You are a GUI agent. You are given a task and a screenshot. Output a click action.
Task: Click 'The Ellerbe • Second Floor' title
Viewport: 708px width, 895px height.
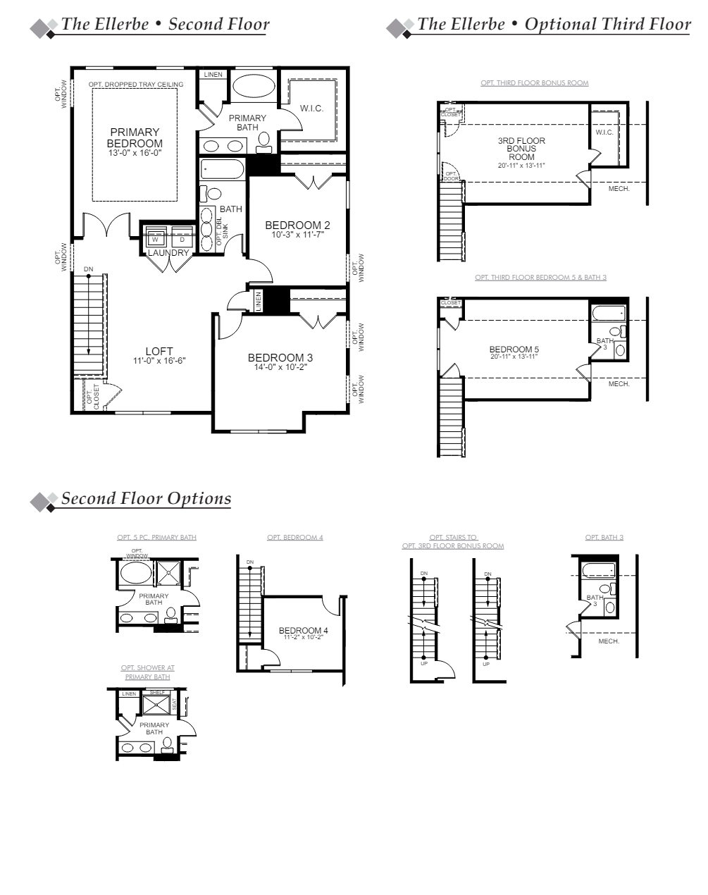coord(165,25)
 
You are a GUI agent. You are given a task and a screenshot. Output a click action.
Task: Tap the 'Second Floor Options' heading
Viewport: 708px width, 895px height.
coord(146,498)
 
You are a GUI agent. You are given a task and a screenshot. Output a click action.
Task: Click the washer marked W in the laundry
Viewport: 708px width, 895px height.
coord(156,240)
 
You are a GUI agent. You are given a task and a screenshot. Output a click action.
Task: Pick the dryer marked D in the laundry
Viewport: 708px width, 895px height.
coord(182,240)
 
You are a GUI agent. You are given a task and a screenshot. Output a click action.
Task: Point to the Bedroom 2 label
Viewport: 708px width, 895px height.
coord(297,226)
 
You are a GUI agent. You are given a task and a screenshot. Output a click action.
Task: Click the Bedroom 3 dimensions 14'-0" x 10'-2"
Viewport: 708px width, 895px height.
coord(280,367)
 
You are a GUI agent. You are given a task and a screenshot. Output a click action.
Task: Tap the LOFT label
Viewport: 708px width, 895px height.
coord(159,352)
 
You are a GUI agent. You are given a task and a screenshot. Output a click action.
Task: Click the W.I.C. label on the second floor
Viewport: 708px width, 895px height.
coord(311,109)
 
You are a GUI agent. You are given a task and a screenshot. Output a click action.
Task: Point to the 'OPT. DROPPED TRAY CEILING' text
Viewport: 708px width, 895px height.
coord(136,85)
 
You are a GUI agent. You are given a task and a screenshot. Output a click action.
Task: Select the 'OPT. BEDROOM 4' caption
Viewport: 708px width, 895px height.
coord(295,538)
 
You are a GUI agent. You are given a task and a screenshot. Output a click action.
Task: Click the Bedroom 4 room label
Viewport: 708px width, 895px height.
coord(303,630)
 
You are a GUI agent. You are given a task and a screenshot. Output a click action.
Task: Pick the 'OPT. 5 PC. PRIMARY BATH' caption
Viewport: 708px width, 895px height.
coord(156,538)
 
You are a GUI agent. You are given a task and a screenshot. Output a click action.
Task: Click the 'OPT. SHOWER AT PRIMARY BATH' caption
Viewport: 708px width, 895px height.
coord(147,672)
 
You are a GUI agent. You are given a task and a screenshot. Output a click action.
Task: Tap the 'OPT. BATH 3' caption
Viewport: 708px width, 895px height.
coord(604,538)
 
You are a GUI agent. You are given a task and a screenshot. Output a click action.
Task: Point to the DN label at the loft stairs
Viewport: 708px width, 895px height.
coord(88,269)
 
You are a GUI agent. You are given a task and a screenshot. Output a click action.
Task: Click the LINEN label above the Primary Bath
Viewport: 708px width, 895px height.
coord(213,75)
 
